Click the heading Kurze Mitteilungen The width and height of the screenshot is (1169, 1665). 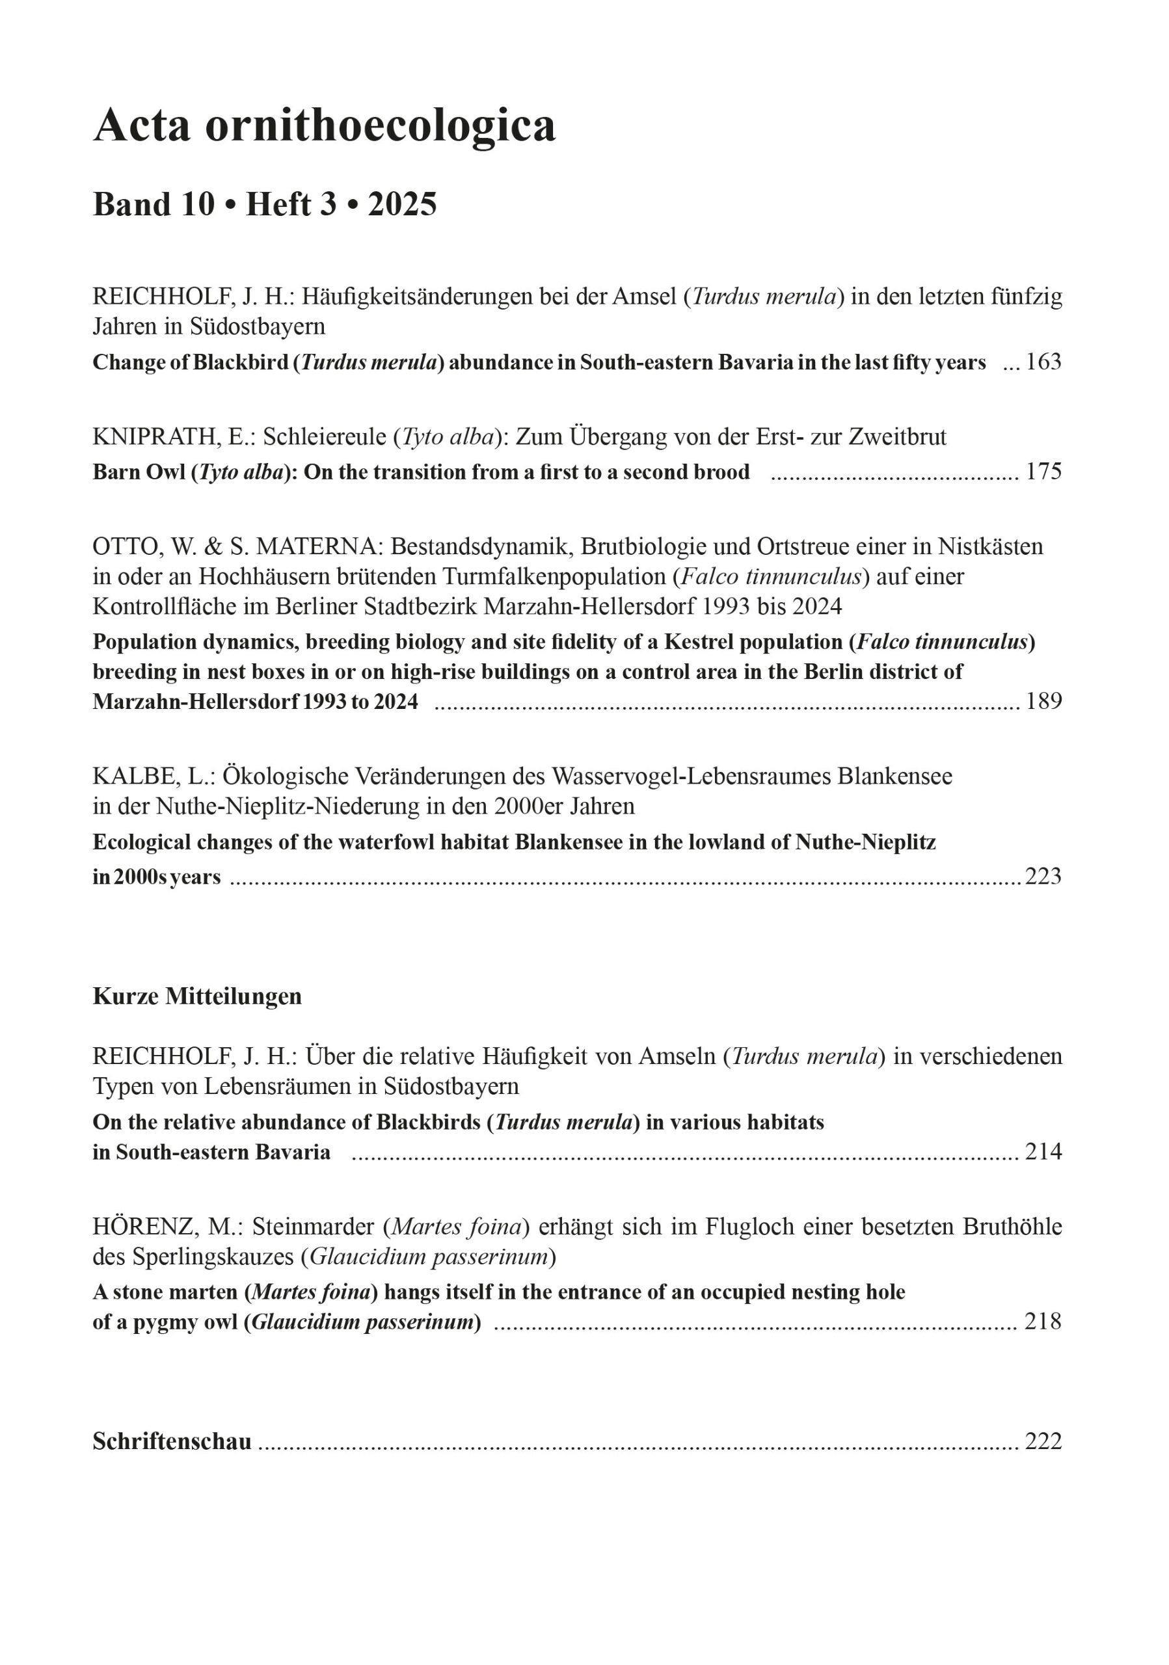197,996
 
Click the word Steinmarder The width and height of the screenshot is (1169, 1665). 314,1227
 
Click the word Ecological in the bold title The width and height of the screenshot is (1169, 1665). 141,843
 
